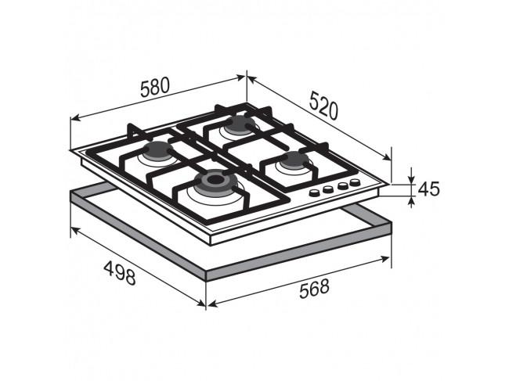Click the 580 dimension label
pos(155,87)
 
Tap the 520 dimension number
pos(324,106)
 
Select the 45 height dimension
pos(428,189)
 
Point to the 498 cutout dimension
pos(120,273)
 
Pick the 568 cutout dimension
pos(314,288)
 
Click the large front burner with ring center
pos(214,181)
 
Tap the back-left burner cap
pos(158,150)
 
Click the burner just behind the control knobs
pos(294,160)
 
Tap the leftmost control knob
pos(314,193)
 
